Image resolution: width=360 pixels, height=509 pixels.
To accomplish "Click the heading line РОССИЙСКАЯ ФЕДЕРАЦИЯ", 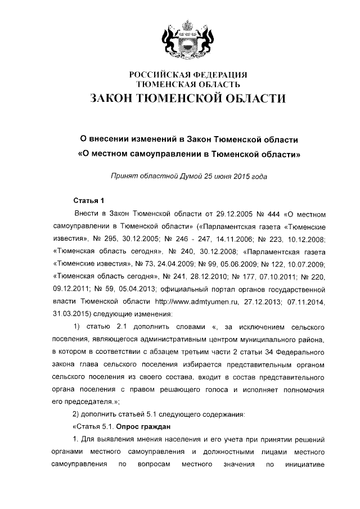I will tap(181, 75).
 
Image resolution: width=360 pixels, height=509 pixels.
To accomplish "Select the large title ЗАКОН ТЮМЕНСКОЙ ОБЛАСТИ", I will tap(181, 99).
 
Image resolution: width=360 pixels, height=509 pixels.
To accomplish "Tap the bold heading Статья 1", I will tap(89, 201).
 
